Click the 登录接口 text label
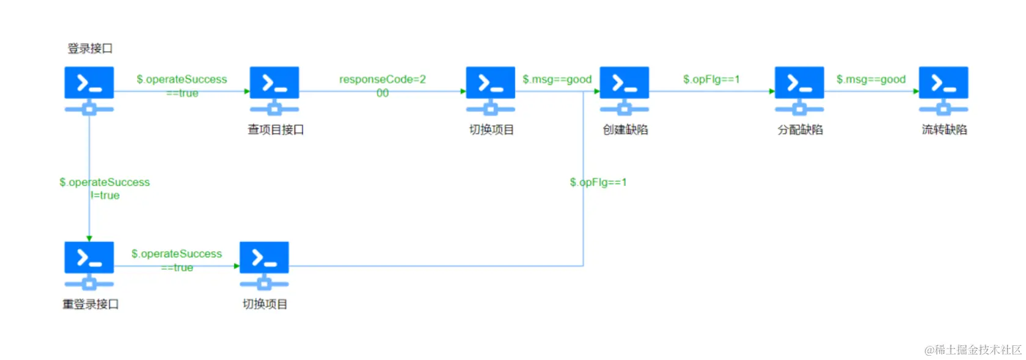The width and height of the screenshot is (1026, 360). (90, 48)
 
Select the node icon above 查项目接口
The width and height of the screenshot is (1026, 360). (274, 89)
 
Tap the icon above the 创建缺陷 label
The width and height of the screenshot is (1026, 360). (624, 89)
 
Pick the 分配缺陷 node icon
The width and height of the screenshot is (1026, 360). (799, 89)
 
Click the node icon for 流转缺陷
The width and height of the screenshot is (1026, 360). (944, 89)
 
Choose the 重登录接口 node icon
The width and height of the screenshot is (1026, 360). (89, 264)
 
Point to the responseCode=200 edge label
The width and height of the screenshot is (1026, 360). (383, 86)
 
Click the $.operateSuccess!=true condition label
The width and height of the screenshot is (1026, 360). (104, 188)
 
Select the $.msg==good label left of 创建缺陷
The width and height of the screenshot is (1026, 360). (557, 79)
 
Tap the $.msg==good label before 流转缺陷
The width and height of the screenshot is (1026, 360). (871, 79)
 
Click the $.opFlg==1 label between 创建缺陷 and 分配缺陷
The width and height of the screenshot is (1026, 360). (711, 79)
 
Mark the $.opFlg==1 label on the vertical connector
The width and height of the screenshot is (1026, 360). (598, 182)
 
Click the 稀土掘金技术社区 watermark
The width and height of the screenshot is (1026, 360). (973, 350)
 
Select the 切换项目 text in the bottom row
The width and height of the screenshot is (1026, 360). (265, 304)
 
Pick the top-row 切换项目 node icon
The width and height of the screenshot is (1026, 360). (490, 89)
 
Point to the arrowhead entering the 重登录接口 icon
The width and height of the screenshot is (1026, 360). (89, 238)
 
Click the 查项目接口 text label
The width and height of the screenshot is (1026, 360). (276, 130)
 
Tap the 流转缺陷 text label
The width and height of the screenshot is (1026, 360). (944, 130)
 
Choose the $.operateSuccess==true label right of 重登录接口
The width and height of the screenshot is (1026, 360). (177, 260)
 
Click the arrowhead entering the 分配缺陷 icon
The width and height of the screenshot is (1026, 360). (772, 92)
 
